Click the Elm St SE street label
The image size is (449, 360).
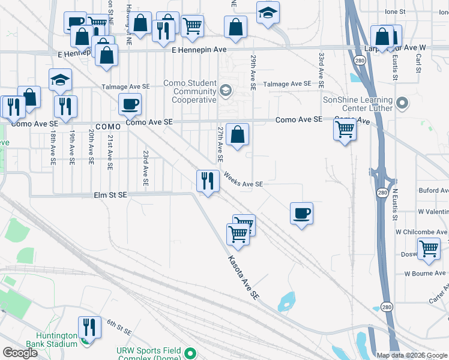110,194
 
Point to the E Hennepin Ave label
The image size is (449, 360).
199,50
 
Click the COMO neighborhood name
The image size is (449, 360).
108,127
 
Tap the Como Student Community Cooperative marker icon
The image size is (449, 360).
226,91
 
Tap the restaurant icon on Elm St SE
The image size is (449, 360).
208,180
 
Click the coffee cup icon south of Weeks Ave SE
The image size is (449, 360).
301,213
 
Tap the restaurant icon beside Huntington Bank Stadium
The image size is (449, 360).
89,327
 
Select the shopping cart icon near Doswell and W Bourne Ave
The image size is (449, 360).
429,248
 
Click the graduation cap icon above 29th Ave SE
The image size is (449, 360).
267,13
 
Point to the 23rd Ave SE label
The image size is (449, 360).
145,167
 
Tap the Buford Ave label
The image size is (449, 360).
433,190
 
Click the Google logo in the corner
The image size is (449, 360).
20,353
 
